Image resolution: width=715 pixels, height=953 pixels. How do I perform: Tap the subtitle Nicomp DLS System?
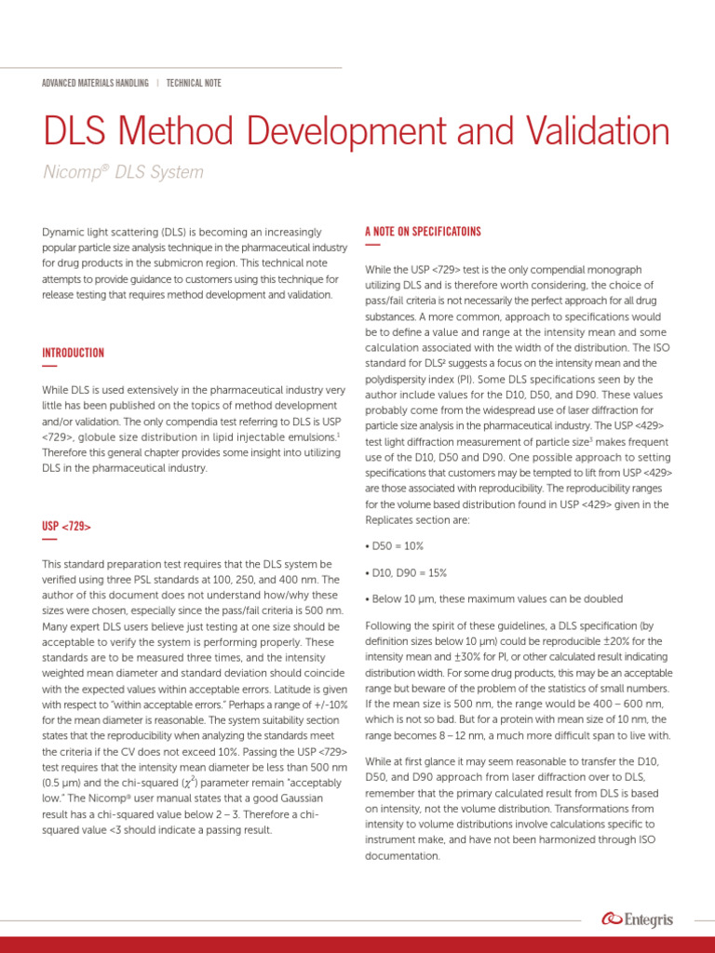pos(123,172)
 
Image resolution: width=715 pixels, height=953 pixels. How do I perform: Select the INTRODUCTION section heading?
pos(73,353)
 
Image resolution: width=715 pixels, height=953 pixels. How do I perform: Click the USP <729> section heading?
pos(65,527)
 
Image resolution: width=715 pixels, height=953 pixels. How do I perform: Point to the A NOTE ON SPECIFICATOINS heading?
pos(424,231)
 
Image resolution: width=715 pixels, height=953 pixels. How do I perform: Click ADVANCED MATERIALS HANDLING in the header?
pos(95,83)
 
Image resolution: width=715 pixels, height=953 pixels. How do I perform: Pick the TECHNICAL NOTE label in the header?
pos(194,83)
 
